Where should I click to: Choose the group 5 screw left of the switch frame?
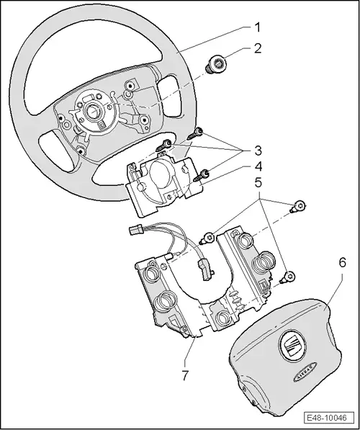point(208,236)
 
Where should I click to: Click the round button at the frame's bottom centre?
point(220,318)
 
